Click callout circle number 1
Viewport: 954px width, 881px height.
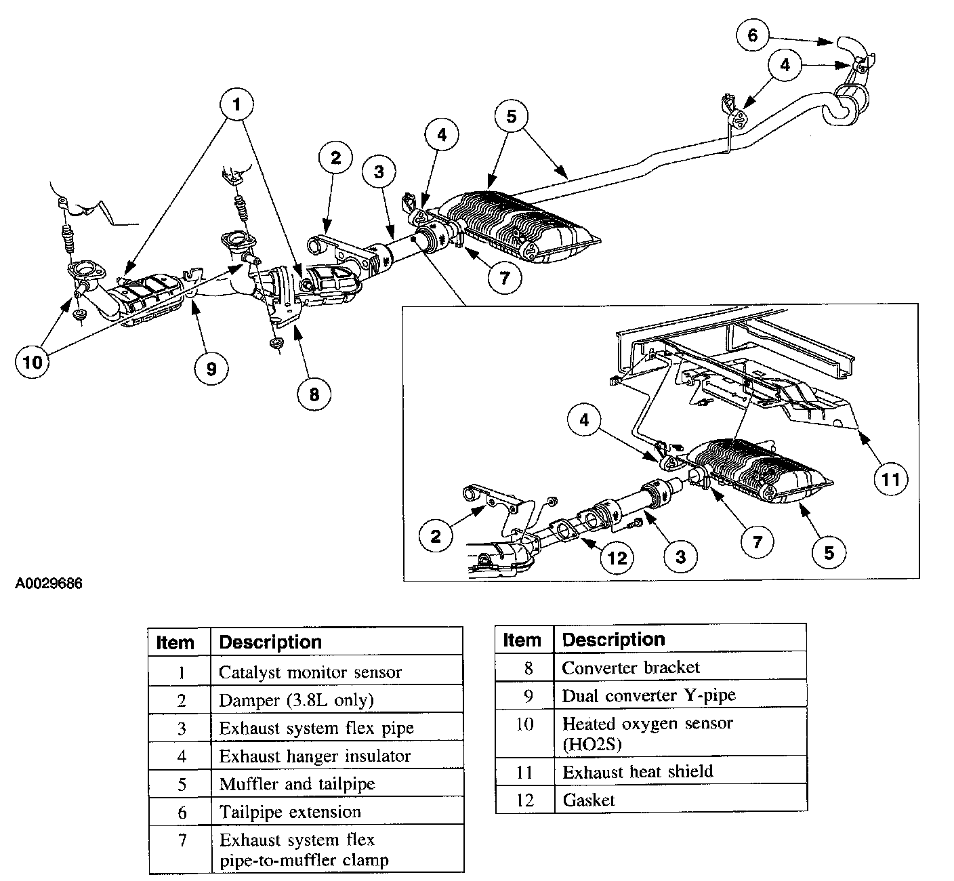(x=236, y=104)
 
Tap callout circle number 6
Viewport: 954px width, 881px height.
(x=753, y=35)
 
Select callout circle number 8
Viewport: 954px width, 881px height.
(x=314, y=394)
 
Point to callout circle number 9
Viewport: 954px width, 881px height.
(x=211, y=369)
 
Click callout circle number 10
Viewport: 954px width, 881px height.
(x=33, y=361)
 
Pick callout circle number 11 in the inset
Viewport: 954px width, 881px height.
(x=890, y=478)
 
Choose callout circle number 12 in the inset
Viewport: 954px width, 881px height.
(x=617, y=558)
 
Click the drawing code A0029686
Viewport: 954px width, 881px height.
(x=49, y=583)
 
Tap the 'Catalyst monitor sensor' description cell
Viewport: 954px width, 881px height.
(x=337, y=672)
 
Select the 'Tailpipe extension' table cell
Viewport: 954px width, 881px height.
(x=337, y=812)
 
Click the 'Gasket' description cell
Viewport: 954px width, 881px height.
(x=681, y=800)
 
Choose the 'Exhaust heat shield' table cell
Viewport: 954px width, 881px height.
(x=681, y=772)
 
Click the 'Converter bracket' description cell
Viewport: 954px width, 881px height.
(x=681, y=667)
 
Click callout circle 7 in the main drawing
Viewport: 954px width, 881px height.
(x=504, y=277)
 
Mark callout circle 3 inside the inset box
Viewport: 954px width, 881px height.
(x=681, y=556)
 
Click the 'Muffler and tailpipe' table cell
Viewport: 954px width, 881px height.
(x=337, y=784)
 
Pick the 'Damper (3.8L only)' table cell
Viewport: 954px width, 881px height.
(x=337, y=700)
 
